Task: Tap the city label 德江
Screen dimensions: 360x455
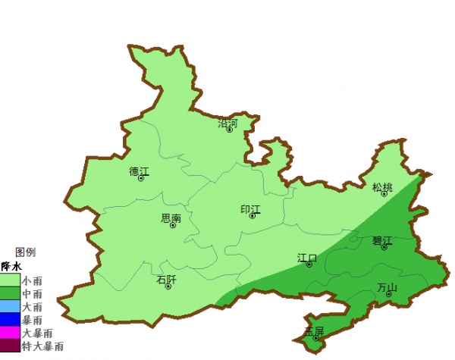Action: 140,171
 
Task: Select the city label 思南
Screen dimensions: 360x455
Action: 171,218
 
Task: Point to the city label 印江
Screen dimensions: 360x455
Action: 250,209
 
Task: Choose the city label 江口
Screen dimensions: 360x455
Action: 307,258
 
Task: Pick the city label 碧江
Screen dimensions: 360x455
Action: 382,241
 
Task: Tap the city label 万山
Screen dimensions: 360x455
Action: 387,287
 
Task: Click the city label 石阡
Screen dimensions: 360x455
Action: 166,280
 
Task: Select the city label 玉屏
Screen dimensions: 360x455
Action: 314,331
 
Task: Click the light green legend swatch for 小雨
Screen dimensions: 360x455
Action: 10,280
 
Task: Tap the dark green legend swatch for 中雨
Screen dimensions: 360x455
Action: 10,293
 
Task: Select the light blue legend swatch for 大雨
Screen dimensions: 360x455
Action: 10,306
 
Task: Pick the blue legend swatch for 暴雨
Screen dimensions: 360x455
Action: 10,319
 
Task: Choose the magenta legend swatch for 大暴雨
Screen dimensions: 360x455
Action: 10,333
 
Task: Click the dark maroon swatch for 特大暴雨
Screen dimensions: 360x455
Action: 10,346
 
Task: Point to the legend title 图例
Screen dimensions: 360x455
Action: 25,252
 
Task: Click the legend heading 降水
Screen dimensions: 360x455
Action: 11,267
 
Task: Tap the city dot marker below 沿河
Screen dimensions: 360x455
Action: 230,130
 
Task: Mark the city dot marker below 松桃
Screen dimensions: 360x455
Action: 384,195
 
